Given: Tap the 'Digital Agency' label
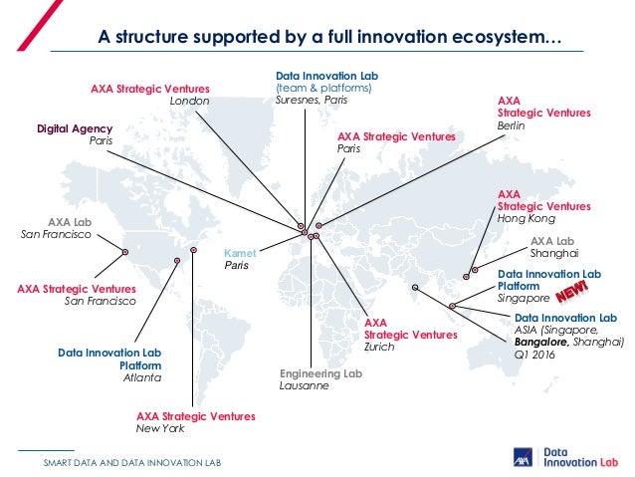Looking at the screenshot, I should tap(75, 128).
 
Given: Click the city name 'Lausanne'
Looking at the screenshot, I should tap(304, 385).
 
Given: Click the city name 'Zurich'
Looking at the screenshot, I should tap(379, 347).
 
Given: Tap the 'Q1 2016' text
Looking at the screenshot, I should tap(535, 354).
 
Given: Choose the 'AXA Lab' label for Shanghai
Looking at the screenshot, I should tap(552, 241).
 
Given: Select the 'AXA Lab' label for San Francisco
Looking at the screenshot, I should tap(70, 222).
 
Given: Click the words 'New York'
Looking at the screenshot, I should tap(160, 428).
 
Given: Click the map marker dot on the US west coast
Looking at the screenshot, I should tap(125, 252).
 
